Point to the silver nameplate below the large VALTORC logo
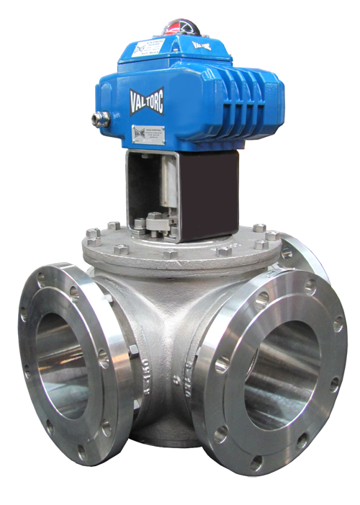coord(148,134)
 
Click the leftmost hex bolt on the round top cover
coord(92,234)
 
